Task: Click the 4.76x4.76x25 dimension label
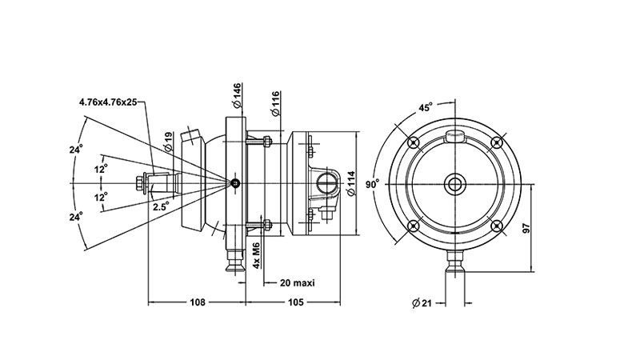click(108, 102)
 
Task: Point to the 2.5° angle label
click(161, 206)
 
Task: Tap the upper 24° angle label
click(75, 149)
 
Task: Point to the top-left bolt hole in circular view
click(414, 143)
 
